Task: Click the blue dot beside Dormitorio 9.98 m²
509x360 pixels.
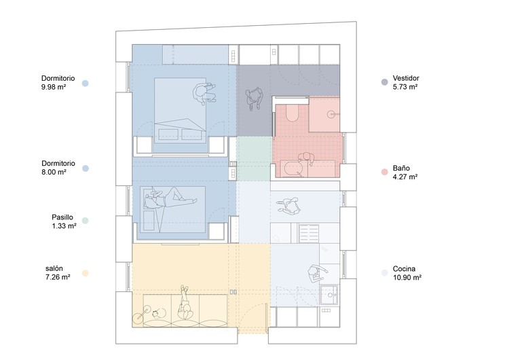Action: (x=85, y=83)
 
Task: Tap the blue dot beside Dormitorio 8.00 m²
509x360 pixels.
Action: (x=86, y=168)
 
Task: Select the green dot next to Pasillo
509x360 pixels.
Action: (x=85, y=221)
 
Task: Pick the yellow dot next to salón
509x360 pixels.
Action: (x=85, y=273)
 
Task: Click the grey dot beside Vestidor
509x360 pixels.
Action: (x=384, y=82)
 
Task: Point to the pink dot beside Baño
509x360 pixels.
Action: (x=384, y=172)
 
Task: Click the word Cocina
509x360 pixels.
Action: (x=404, y=269)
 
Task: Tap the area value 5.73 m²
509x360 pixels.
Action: (x=405, y=87)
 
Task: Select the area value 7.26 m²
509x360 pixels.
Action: (x=58, y=277)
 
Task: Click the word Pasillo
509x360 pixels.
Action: (x=62, y=217)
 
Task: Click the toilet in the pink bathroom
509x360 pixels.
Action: (x=292, y=113)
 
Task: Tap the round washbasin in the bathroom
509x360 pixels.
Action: (x=331, y=114)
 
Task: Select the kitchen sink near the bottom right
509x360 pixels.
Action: (x=330, y=295)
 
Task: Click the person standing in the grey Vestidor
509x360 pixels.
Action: (x=254, y=98)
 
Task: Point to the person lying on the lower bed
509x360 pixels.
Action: (x=170, y=199)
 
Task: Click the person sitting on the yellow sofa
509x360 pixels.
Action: (x=185, y=304)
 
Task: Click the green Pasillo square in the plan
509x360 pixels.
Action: (x=254, y=158)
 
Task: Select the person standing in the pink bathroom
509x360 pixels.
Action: (x=306, y=159)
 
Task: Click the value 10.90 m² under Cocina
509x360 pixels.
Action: (x=407, y=278)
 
